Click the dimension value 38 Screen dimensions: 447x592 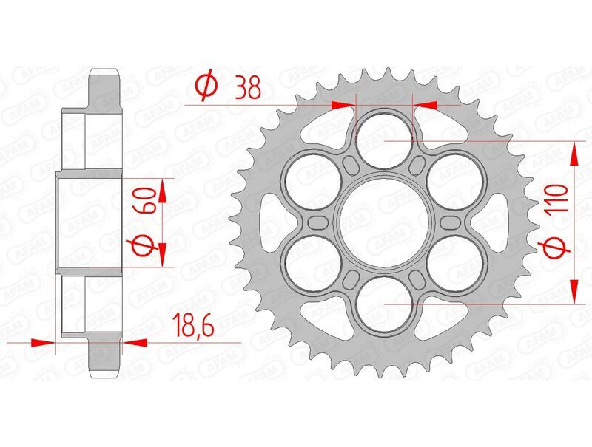247,89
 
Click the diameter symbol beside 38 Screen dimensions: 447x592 207,88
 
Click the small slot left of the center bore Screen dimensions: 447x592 319,222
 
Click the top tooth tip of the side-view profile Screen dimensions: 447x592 104,72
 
